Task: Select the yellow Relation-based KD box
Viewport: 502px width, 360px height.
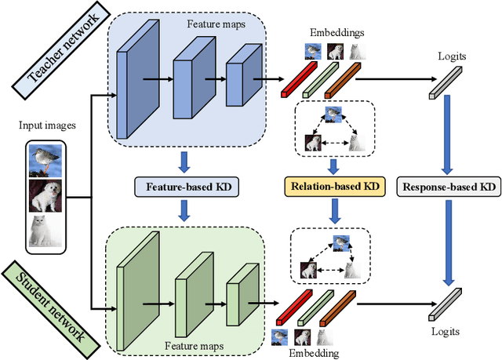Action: (x=333, y=187)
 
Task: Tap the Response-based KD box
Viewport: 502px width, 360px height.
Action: (x=448, y=187)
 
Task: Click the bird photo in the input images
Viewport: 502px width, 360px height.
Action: (x=46, y=161)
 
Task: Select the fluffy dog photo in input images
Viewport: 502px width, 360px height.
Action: (x=46, y=196)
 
